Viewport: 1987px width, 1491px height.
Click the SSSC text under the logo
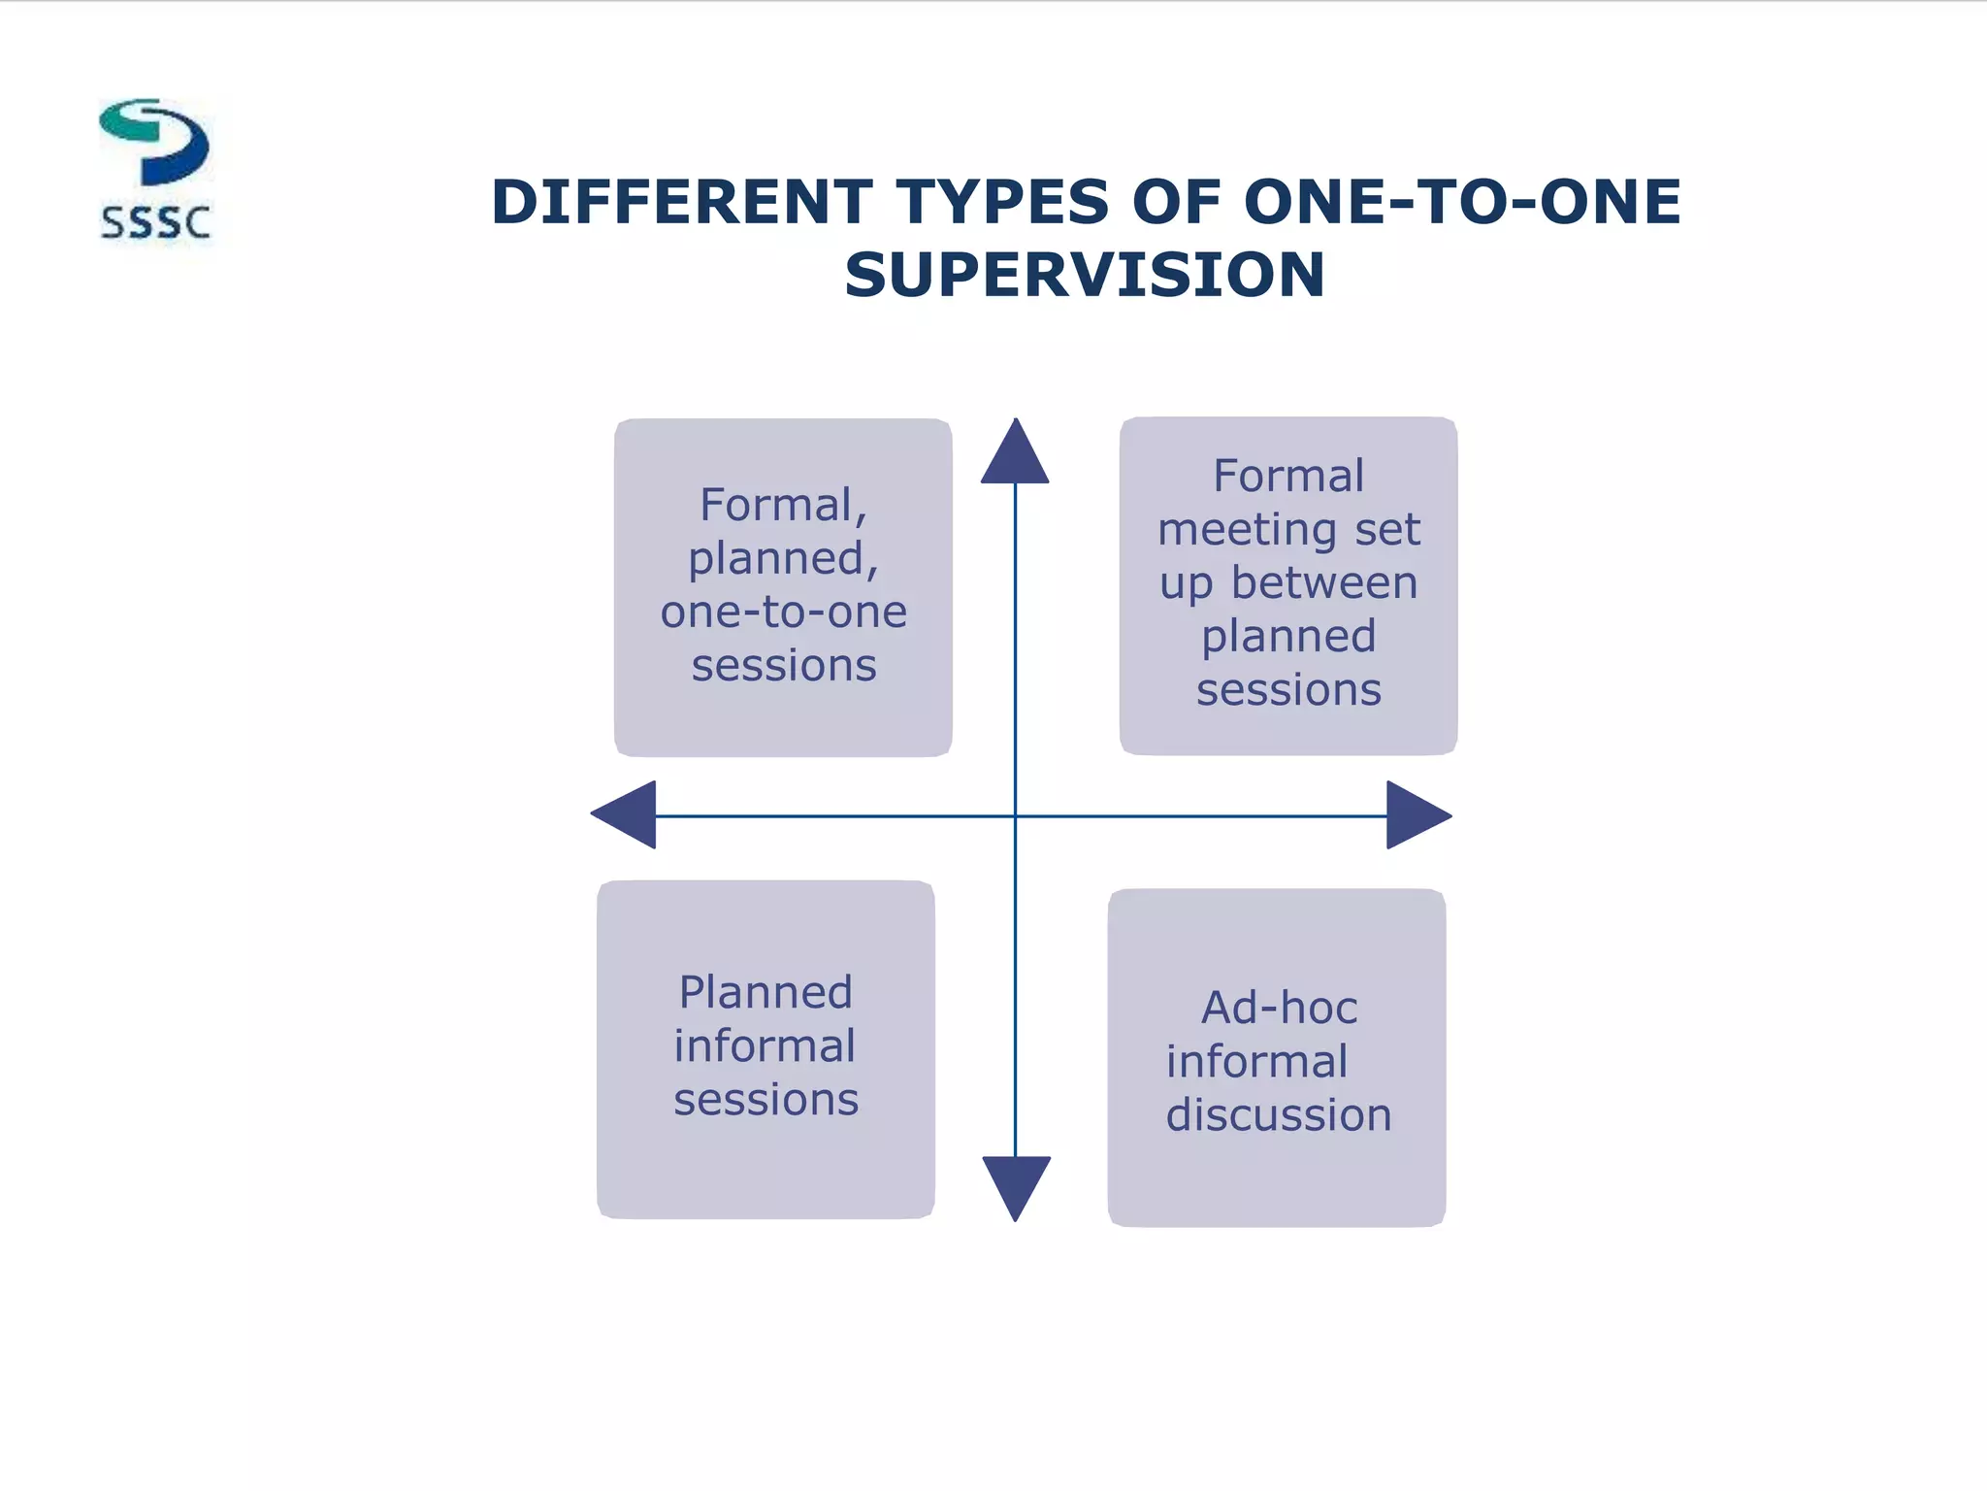(x=155, y=223)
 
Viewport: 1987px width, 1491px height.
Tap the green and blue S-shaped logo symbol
(x=155, y=142)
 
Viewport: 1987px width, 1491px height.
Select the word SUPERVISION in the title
(x=1084, y=275)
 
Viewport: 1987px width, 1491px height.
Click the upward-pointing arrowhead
(x=1015, y=454)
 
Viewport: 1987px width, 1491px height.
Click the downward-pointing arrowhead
(x=1016, y=1185)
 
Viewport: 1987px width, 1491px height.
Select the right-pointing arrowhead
(x=1417, y=815)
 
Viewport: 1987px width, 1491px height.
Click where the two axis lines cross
(x=1015, y=815)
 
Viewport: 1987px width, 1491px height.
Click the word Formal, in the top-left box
(x=783, y=505)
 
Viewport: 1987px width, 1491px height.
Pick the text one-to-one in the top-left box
(x=783, y=612)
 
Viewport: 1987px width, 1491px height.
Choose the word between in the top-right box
(x=1324, y=583)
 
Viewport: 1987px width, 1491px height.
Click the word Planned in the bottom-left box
(x=765, y=993)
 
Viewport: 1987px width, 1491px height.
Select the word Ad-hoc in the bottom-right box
(x=1279, y=1008)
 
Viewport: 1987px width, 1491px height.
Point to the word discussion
(x=1278, y=1114)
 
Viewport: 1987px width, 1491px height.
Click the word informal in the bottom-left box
(x=765, y=1046)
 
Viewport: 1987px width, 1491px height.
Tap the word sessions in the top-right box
(x=1288, y=690)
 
